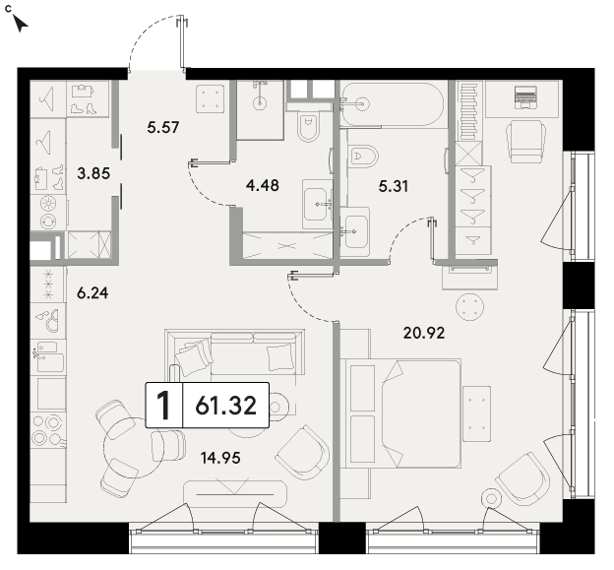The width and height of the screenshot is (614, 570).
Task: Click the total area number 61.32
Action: pos(226,405)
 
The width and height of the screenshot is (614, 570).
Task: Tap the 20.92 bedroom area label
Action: pos(424,333)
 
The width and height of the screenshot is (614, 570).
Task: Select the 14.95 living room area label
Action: pos(220,457)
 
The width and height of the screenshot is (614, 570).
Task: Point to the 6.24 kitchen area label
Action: pos(92,292)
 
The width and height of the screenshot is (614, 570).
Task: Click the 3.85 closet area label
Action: pos(93,172)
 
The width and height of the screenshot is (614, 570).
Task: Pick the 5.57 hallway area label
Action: pos(163,127)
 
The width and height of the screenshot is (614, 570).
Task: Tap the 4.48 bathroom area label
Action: pos(263,185)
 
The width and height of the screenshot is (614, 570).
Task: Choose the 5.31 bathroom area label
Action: pos(394,186)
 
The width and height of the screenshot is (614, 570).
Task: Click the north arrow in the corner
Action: pos(21,23)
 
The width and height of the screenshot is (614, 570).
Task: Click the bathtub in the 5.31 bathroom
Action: pos(393,104)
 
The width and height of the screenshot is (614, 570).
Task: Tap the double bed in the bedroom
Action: pos(400,413)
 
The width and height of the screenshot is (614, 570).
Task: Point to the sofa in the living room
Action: pos(235,352)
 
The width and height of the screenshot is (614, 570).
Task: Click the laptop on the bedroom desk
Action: pos(525,97)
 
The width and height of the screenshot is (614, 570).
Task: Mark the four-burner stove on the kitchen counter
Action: pos(48,430)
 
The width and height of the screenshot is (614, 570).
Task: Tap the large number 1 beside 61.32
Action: pos(163,405)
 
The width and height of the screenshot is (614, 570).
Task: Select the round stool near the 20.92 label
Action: pos(470,307)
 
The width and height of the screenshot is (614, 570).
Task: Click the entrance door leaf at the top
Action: pos(181,42)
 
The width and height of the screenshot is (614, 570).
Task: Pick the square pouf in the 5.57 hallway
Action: pos(211,97)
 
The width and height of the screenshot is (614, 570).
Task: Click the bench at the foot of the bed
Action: pos(476,413)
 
